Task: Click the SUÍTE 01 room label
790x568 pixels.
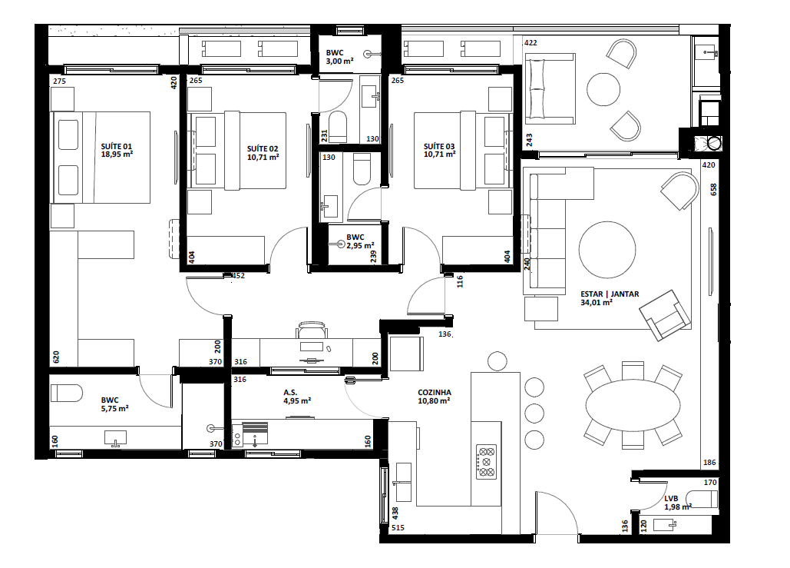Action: click(117, 145)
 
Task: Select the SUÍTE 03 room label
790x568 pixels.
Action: click(439, 146)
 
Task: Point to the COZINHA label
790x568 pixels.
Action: click(435, 392)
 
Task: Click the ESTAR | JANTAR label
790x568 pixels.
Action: click(610, 294)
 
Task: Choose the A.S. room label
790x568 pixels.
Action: click(289, 392)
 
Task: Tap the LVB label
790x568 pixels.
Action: click(672, 498)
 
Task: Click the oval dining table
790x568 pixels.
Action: click(633, 404)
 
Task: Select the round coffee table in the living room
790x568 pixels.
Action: click(607, 250)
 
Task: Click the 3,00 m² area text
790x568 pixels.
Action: click(339, 61)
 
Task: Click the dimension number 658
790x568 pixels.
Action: click(712, 189)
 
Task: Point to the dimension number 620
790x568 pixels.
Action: click(56, 357)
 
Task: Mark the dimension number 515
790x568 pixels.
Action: click(397, 528)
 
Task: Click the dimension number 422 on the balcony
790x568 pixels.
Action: click(531, 43)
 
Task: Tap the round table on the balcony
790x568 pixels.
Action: click(603, 89)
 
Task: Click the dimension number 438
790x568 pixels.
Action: click(395, 513)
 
